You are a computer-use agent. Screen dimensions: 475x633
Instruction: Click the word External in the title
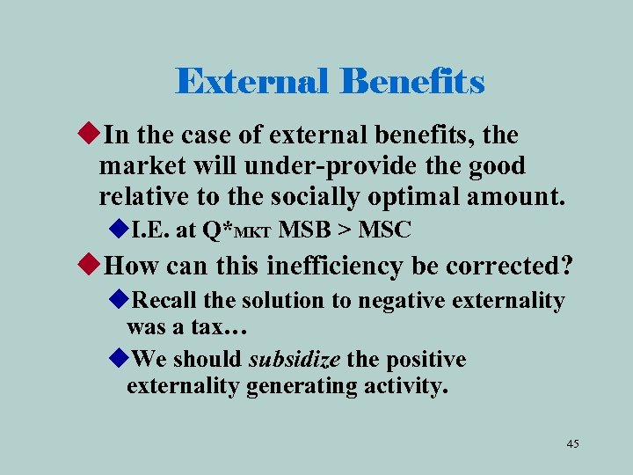click(252, 82)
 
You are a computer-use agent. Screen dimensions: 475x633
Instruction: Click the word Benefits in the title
click(412, 82)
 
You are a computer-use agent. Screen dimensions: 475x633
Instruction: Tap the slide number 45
click(572, 443)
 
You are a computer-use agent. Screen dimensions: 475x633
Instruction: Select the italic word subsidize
click(295, 360)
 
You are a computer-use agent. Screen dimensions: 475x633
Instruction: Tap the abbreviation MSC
click(384, 230)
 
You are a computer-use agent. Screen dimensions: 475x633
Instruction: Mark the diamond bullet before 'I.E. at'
click(120, 230)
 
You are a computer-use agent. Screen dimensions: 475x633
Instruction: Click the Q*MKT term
click(237, 231)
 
